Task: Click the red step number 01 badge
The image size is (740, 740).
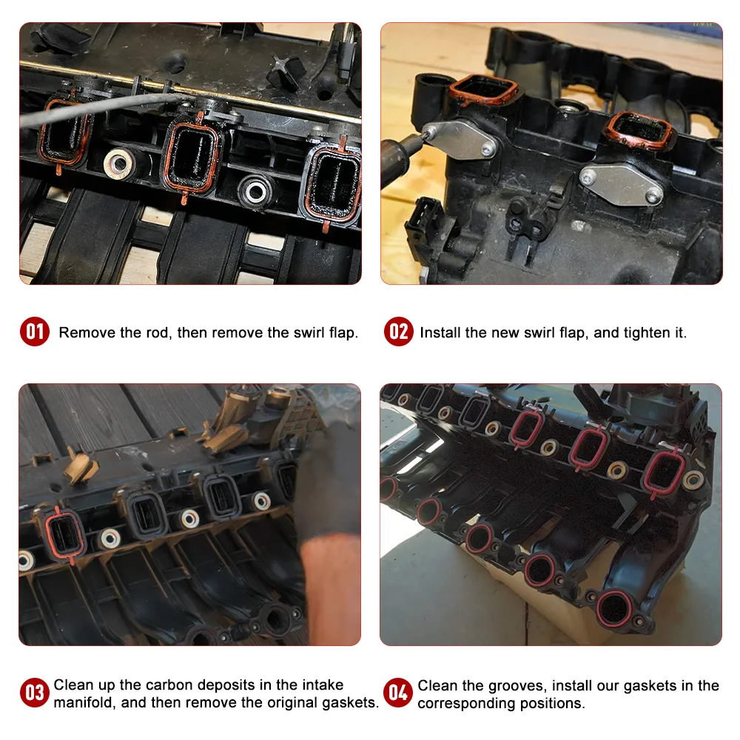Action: (x=35, y=332)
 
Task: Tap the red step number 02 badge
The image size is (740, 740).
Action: (x=398, y=332)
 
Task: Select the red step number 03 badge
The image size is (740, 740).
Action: (x=35, y=693)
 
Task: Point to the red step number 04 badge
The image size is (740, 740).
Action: (x=398, y=693)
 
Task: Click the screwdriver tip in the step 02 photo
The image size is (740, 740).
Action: (x=428, y=135)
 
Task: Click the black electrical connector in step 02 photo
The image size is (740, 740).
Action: (x=427, y=222)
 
